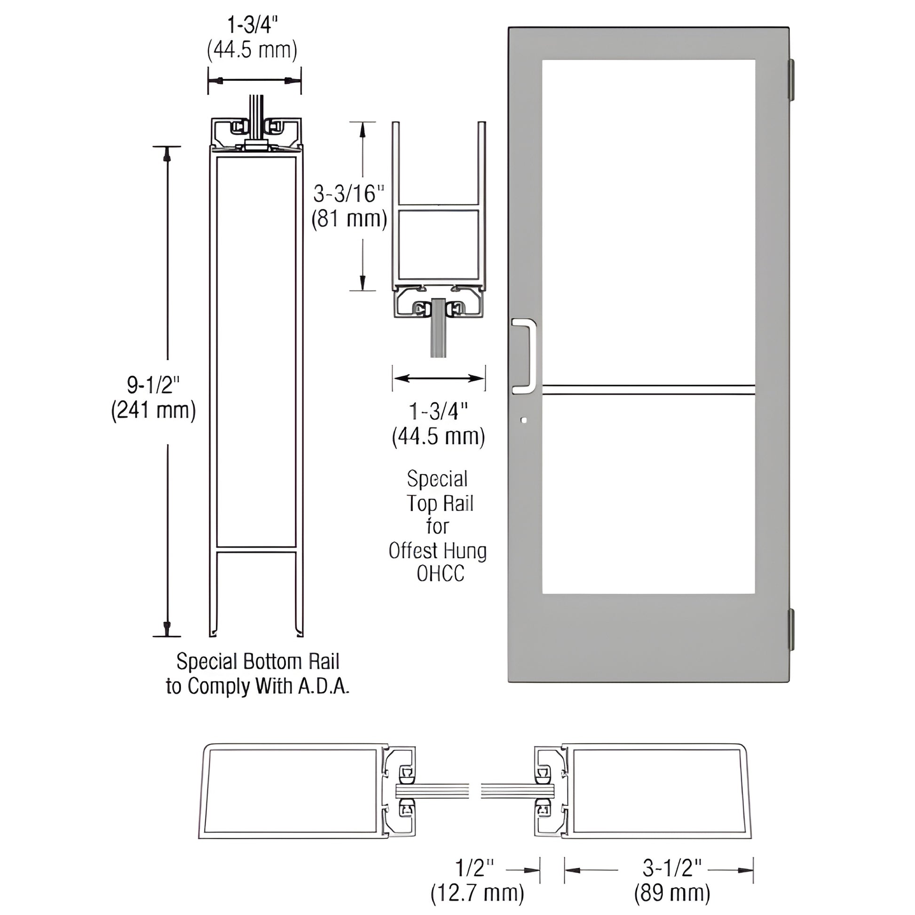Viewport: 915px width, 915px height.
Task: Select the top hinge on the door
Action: click(790, 79)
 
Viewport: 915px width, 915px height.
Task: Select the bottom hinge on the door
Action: click(790, 631)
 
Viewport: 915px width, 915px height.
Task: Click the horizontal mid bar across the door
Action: click(648, 390)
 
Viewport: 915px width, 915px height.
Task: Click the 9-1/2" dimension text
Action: click(153, 385)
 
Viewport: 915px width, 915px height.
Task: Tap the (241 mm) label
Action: click(153, 410)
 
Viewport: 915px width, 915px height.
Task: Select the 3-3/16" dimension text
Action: click(348, 194)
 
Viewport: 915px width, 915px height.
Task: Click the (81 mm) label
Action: click(349, 219)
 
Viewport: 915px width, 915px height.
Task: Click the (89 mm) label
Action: click(672, 893)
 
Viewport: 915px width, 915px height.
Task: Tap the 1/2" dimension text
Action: click(474, 868)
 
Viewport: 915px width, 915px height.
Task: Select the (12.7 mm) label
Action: click(477, 893)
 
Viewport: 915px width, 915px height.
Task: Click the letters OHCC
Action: click(441, 574)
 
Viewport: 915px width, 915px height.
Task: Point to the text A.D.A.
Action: click(323, 686)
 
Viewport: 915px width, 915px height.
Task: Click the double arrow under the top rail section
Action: click(439, 378)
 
